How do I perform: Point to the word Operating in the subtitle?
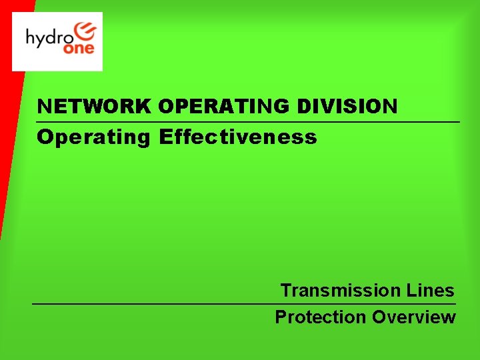tap(94, 137)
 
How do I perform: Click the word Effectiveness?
tap(238, 137)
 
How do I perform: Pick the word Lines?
tap(430, 291)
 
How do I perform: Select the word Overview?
tap(414, 317)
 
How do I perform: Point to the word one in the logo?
tap(80, 49)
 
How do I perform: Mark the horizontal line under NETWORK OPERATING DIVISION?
tap(248, 122)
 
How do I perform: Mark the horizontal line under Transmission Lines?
tap(244, 304)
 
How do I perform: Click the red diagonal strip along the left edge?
tap(9, 133)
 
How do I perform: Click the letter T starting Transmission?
tap(285, 291)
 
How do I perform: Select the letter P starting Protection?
tap(281, 317)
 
